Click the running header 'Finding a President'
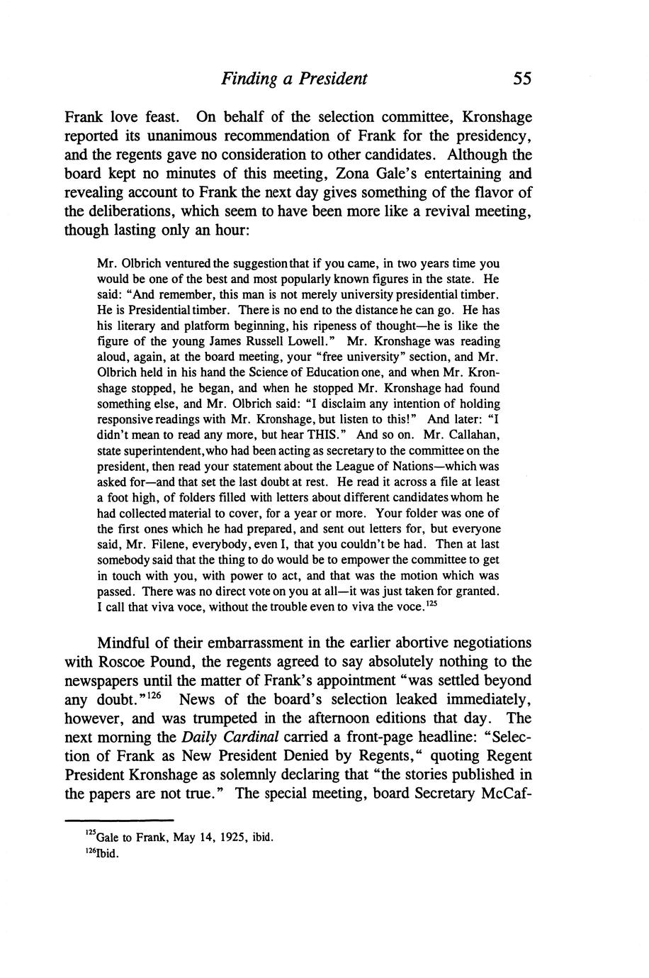pos(294,78)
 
